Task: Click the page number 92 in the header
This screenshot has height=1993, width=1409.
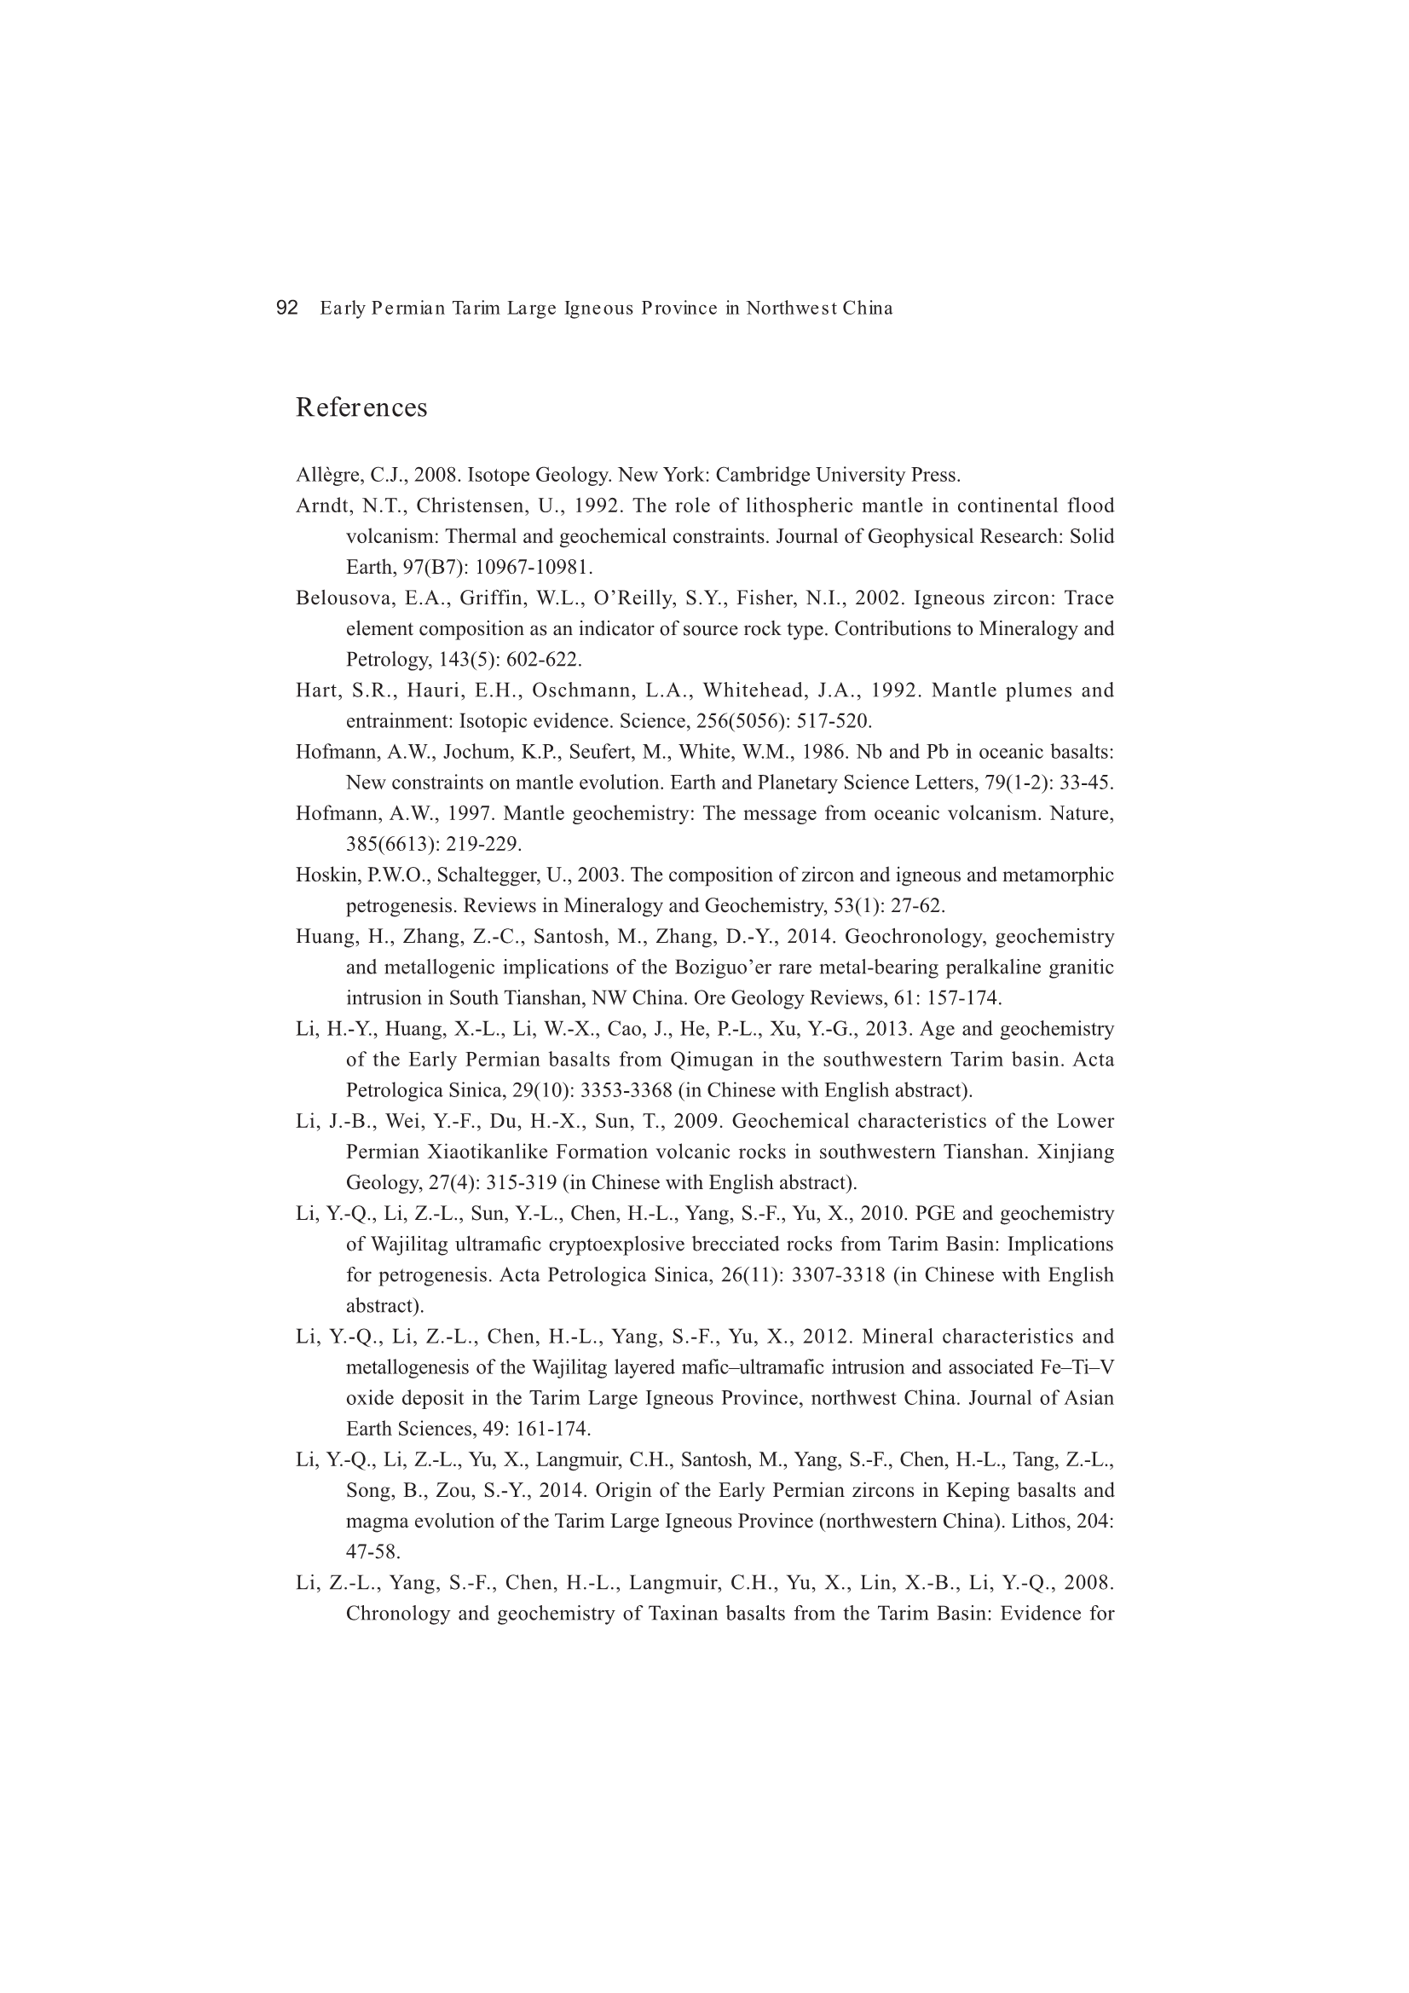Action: point(286,308)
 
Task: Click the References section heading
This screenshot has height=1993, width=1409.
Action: point(361,407)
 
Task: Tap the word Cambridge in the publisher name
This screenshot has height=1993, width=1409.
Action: point(760,476)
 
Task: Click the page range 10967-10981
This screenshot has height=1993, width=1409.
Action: point(533,568)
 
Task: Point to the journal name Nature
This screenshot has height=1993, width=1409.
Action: point(1085,813)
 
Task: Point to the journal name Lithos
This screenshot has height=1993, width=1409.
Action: point(1038,1521)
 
